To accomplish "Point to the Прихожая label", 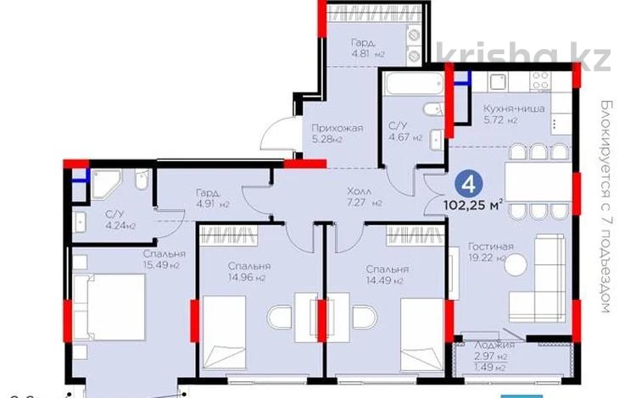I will pos(337,129).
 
